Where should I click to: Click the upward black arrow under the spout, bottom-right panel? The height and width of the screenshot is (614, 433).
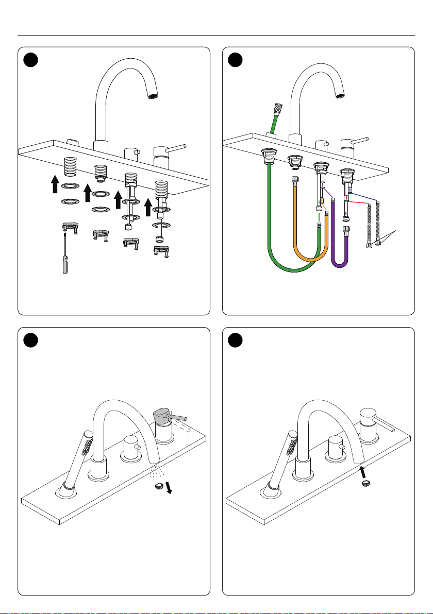click(364, 471)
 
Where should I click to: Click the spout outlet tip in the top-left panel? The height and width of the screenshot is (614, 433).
click(153, 96)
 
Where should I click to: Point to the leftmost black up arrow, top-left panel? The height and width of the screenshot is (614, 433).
click(54, 184)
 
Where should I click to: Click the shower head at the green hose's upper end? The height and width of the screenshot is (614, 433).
click(278, 109)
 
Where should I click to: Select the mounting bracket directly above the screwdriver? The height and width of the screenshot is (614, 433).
click(69, 227)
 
